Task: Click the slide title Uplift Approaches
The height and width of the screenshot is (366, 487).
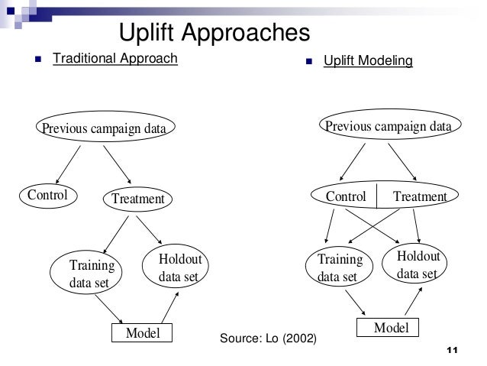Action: (215, 34)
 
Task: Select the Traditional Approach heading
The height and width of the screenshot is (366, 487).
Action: (114, 58)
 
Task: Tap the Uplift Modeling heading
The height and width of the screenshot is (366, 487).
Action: (368, 60)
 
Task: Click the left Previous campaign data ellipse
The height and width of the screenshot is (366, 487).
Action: (103, 128)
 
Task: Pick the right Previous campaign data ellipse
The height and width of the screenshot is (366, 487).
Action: (389, 126)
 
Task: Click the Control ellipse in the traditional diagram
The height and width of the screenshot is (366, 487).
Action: (47, 195)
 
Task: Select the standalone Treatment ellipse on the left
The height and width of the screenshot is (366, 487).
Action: (137, 199)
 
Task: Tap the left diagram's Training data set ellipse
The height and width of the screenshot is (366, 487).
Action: (90, 274)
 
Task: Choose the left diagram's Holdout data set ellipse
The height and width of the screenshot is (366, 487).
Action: (178, 268)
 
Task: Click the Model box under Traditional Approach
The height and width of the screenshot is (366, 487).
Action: (142, 333)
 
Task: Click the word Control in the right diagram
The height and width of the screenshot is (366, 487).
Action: (346, 196)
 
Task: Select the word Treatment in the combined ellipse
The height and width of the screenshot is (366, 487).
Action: (419, 196)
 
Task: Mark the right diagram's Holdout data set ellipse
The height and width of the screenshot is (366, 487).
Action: (417, 264)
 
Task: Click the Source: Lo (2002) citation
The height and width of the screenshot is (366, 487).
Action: (267, 338)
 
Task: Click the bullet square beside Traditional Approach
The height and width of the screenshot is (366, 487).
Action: (38, 59)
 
